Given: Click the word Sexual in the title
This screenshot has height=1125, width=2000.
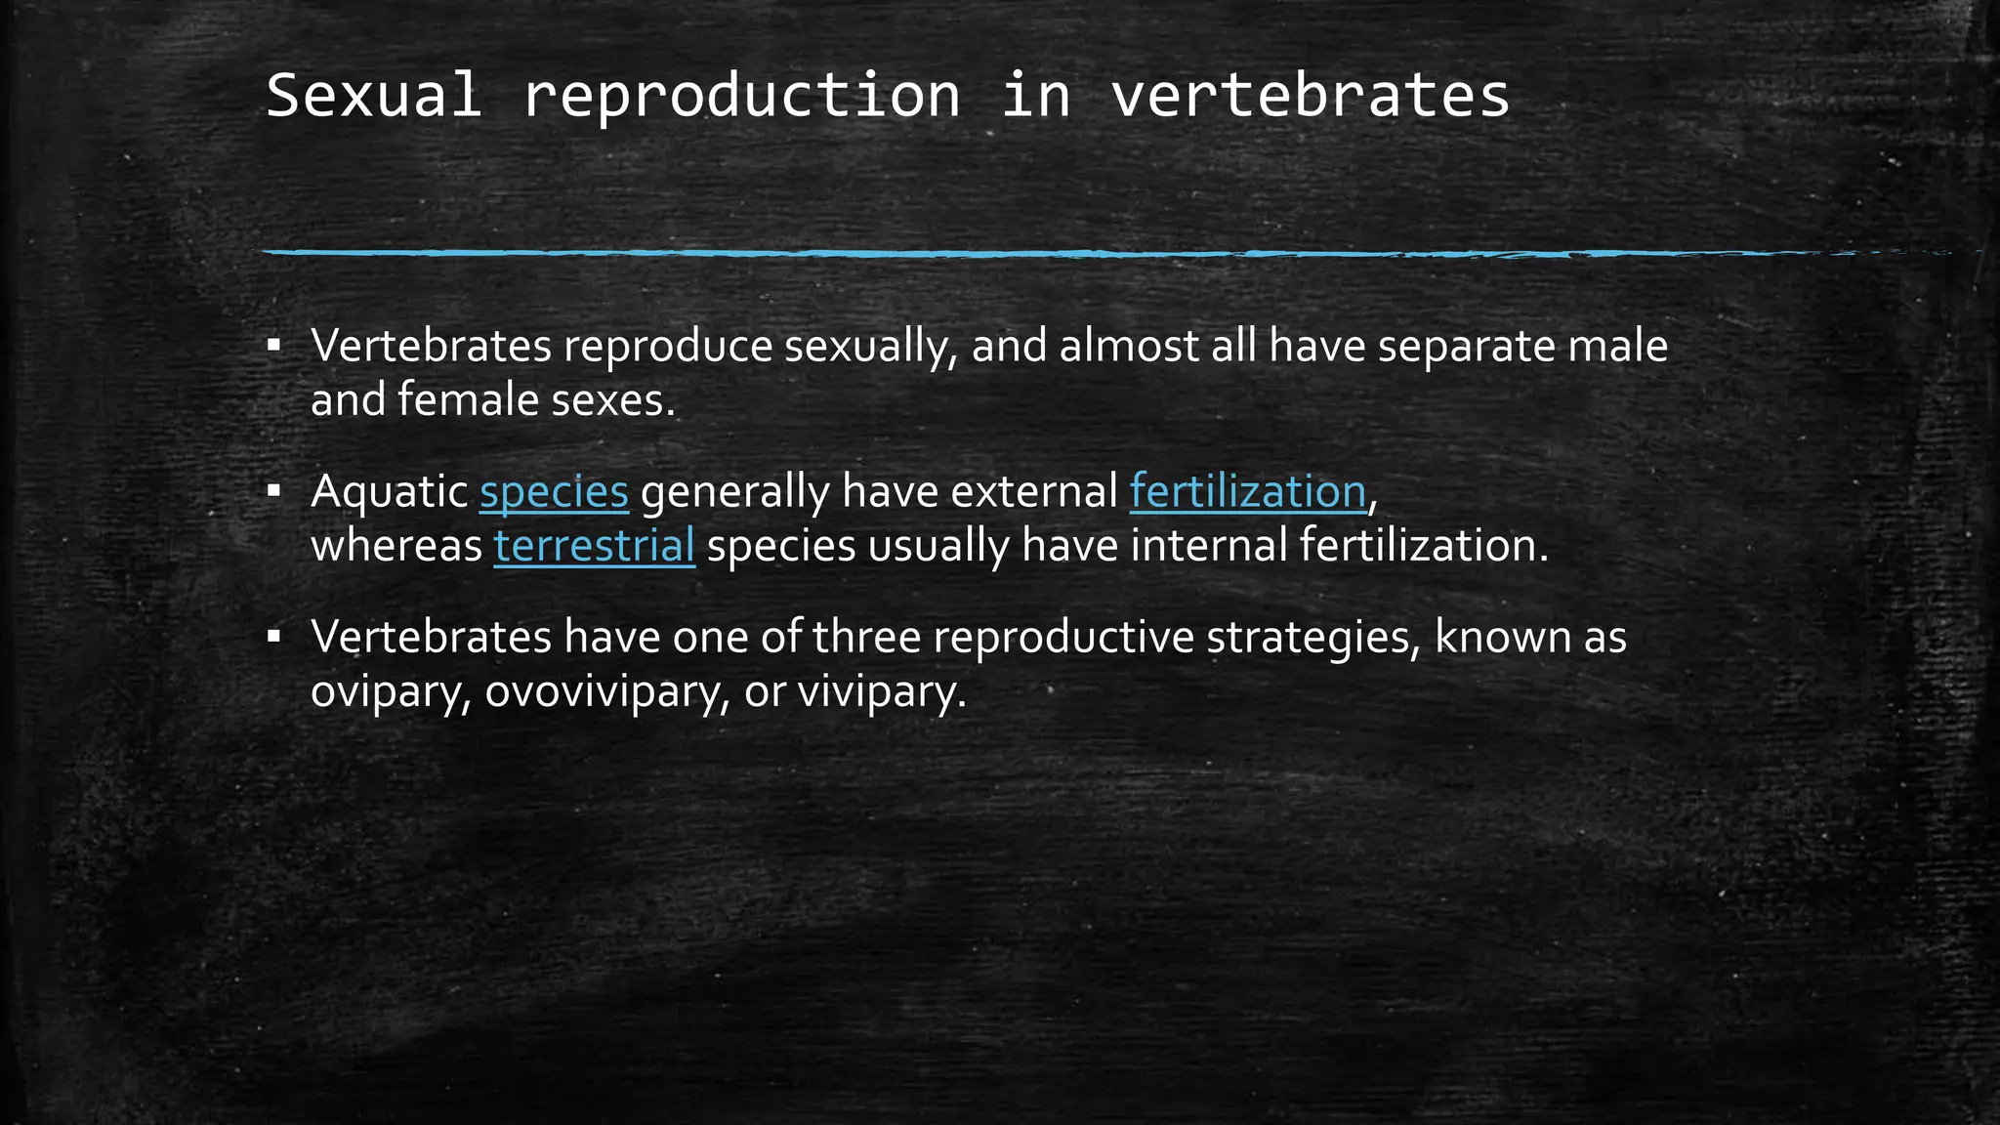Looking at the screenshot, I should [x=373, y=96].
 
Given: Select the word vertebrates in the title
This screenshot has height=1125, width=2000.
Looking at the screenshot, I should [x=1311, y=96].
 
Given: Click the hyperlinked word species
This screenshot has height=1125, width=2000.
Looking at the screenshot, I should [x=554, y=491].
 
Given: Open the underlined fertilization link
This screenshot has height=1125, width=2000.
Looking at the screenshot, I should [x=1247, y=491].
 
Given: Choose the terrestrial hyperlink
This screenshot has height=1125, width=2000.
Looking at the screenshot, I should [x=594, y=545].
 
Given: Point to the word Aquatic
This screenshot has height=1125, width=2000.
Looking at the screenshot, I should [x=389, y=491].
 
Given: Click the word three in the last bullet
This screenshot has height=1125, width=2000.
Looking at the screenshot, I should [x=866, y=637].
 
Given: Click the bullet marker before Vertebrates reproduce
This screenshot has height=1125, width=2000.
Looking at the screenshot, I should [x=274, y=345].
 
